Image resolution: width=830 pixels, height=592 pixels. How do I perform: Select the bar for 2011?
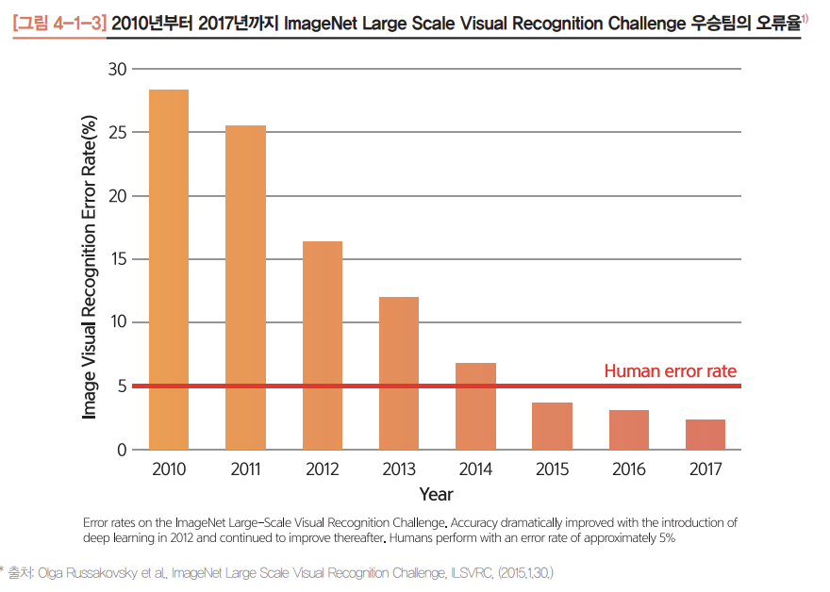(x=246, y=288)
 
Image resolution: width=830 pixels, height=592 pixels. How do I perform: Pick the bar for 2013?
(x=399, y=373)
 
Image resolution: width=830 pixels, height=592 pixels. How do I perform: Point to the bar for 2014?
(x=476, y=406)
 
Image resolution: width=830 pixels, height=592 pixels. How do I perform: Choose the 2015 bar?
(x=553, y=426)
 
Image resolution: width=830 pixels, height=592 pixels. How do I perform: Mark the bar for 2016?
(x=629, y=430)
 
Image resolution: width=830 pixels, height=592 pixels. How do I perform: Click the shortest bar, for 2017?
(x=705, y=435)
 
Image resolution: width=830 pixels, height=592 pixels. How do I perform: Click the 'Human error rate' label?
(x=670, y=371)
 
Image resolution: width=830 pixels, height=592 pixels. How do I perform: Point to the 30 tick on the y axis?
(x=117, y=70)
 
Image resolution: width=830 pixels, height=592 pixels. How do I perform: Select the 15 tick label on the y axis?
(x=117, y=259)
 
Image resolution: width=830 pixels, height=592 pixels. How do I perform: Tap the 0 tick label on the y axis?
(x=121, y=450)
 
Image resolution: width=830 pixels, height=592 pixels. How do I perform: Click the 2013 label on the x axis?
(x=399, y=469)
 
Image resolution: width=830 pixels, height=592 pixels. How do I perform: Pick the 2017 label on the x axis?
(x=705, y=469)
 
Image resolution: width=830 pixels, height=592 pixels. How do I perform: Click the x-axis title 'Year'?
(x=436, y=494)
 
